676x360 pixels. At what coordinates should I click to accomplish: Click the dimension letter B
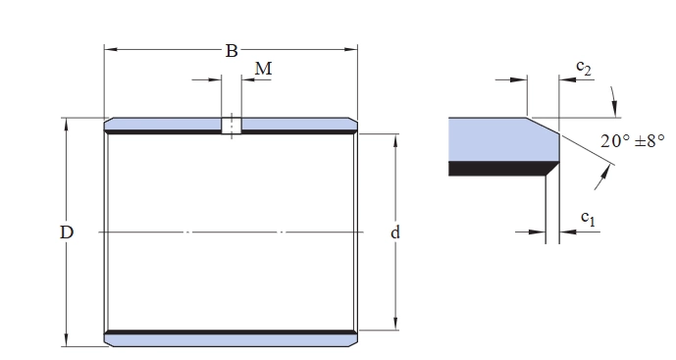tap(232, 51)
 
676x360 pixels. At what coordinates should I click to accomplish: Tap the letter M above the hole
tap(263, 69)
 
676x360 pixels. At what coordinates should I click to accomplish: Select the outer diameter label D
tap(67, 232)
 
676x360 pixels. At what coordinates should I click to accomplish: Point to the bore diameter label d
tap(395, 232)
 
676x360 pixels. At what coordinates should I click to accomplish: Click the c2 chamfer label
tap(584, 68)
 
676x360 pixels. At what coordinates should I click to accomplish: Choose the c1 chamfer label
tap(588, 218)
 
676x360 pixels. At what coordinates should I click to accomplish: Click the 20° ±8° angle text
tap(633, 140)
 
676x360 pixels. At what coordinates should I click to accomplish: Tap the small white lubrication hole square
tap(232, 126)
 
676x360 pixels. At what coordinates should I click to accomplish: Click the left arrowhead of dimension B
tap(110, 49)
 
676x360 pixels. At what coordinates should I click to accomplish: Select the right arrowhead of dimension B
tap(351, 49)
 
